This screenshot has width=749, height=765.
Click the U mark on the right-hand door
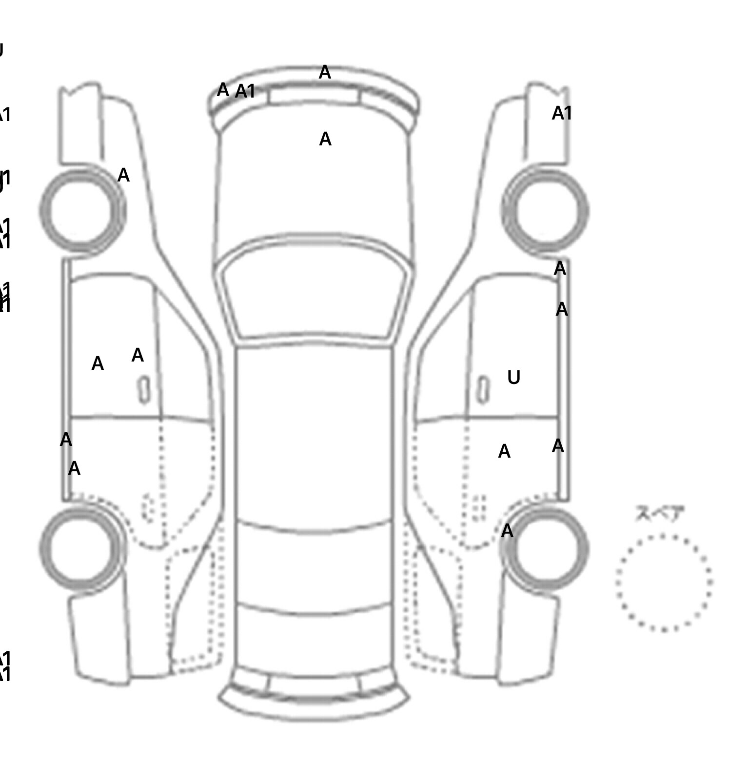[x=513, y=377]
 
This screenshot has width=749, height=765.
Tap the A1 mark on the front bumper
[x=245, y=91]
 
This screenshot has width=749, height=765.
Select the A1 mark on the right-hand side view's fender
[x=562, y=114]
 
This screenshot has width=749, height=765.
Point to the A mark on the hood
[x=325, y=140]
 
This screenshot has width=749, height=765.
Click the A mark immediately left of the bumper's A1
[x=223, y=90]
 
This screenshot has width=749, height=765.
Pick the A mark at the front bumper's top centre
[x=325, y=73]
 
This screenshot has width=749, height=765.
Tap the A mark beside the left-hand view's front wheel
[x=123, y=175]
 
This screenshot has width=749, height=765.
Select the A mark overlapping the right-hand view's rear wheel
[x=507, y=531]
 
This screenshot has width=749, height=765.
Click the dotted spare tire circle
[x=664, y=582]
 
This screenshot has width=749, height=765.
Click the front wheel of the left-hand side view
[x=82, y=210]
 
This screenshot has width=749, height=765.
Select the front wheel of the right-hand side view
[x=545, y=210]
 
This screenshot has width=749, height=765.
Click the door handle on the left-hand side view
[x=144, y=390]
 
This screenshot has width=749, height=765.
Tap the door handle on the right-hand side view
[x=483, y=390]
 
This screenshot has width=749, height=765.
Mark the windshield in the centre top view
[x=315, y=288]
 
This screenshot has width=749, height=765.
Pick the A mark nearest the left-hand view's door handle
[x=138, y=355]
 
